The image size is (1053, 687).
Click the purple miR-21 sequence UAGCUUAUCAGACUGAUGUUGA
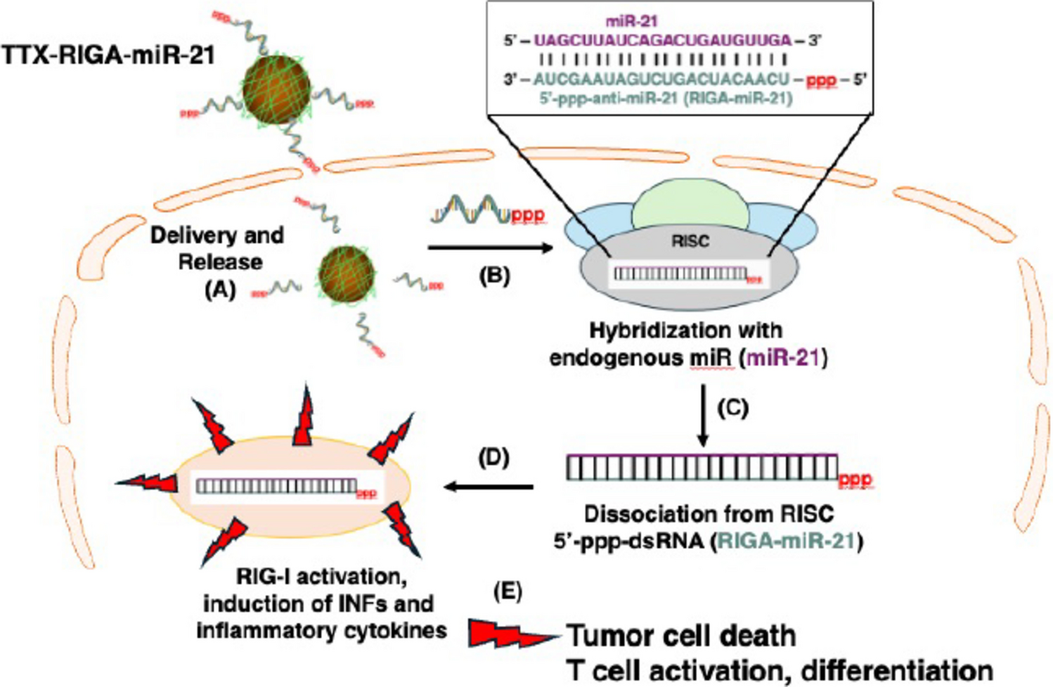click(662, 41)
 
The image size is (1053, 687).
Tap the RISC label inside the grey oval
click(690, 241)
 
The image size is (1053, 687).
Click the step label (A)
click(220, 289)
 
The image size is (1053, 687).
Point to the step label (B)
click(493, 275)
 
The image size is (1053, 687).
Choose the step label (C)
click(732, 408)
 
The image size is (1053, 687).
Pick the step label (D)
click(493, 458)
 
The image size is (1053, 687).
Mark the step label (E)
click(508, 591)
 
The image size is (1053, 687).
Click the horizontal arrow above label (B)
click(491, 248)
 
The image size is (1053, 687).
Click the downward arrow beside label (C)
click(702, 415)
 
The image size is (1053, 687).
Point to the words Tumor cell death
click(681, 636)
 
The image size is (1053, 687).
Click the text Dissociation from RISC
click(709, 514)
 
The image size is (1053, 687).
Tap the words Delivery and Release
click(217, 248)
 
